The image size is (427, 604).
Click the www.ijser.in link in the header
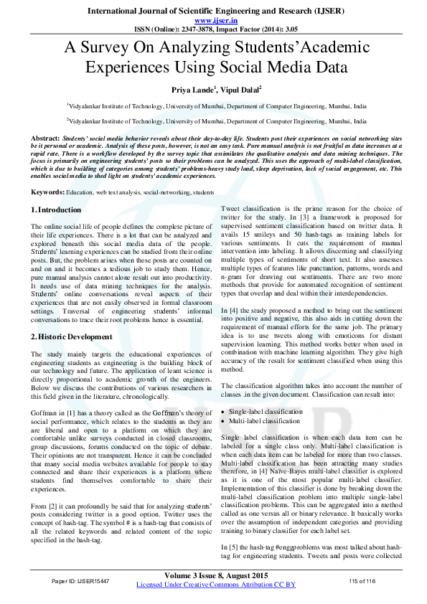click(x=213, y=20)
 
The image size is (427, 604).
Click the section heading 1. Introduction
click(x=57, y=209)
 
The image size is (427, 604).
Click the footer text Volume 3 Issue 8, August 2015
click(x=213, y=575)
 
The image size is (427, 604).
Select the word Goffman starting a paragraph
click(x=44, y=414)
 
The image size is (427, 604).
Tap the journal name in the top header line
click(x=213, y=11)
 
